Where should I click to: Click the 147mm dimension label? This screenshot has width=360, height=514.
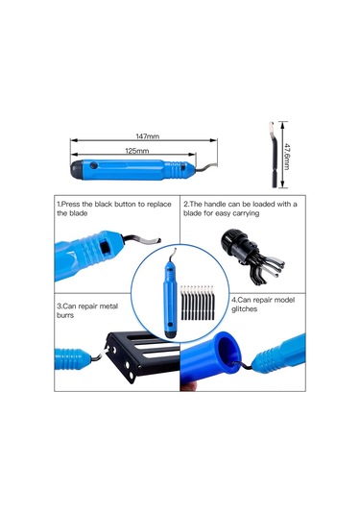(x=148, y=136)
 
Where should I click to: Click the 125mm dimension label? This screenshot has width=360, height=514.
(x=137, y=151)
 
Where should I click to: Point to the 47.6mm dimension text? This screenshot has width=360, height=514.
(x=287, y=156)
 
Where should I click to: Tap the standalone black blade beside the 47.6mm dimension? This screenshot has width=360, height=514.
(x=274, y=154)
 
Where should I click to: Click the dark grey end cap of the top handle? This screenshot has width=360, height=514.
(x=77, y=169)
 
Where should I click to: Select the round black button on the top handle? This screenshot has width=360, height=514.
(x=94, y=165)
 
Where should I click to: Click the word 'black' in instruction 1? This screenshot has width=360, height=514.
(x=103, y=205)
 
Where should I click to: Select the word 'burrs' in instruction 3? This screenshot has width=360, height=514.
(x=65, y=315)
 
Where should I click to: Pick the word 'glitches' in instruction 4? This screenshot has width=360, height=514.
(x=245, y=309)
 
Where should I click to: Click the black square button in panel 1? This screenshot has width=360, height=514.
(x=106, y=248)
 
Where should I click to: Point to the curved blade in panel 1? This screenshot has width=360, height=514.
(x=141, y=239)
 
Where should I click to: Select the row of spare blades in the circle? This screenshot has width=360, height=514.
(x=197, y=303)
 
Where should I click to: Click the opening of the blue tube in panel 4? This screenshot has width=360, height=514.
(x=229, y=350)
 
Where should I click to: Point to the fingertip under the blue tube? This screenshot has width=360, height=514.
(x=189, y=387)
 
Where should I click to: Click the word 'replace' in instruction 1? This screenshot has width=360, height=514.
(x=158, y=205)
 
